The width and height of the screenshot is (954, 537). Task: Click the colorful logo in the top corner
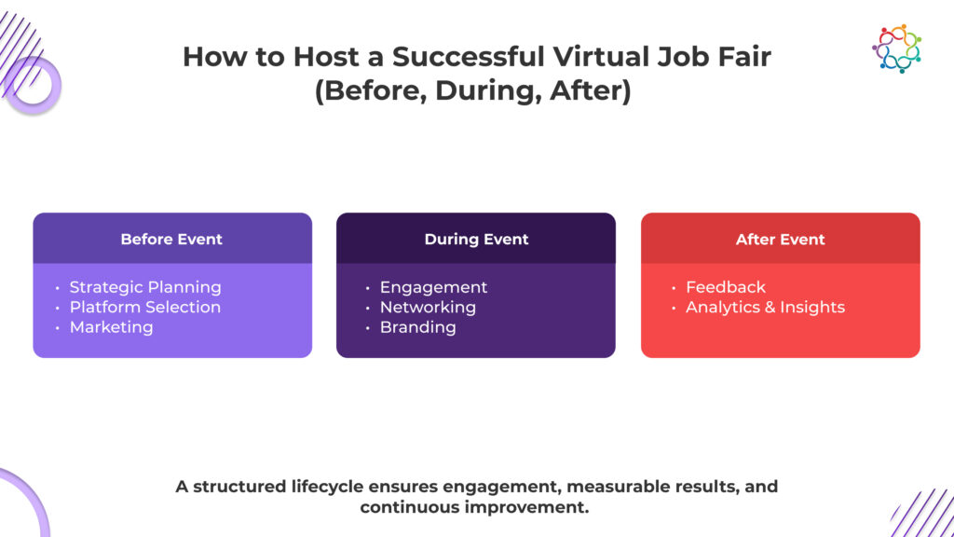(896, 48)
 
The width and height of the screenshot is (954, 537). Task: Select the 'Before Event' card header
(172, 239)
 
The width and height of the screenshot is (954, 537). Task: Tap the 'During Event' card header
(476, 239)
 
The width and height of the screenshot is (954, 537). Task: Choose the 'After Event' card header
(781, 239)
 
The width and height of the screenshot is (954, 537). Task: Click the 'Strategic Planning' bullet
(145, 287)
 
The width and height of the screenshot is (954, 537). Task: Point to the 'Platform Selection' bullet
(145, 307)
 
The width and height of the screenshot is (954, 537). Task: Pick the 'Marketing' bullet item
(111, 327)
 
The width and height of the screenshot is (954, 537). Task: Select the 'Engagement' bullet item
(433, 287)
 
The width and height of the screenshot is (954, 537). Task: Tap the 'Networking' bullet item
(428, 307)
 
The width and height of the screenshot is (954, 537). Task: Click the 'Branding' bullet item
(417, 327)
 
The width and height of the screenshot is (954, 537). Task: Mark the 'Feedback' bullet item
(726, 287)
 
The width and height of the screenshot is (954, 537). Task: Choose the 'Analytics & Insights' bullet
(765, 307)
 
